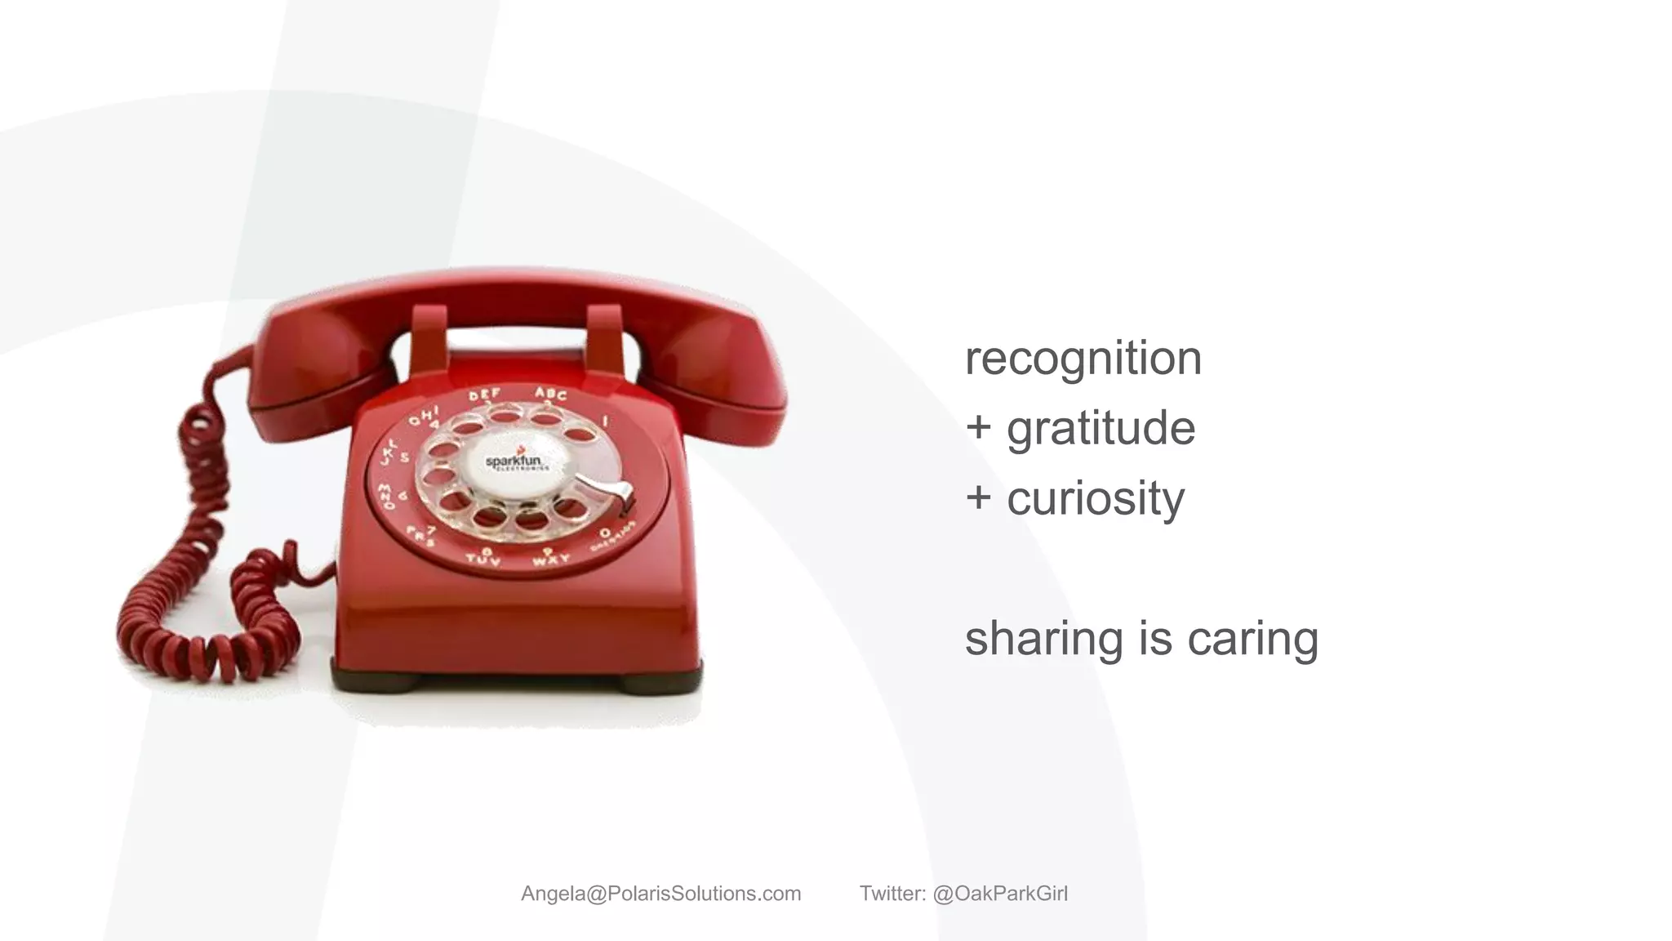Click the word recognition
pos(1083,359)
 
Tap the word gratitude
pos(1101,428)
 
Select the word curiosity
pos(1095,498)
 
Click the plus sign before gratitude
pos(978,426)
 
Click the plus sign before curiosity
pos(978,497)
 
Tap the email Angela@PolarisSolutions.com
pos(660,894)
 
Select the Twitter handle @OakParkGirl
pos(999,894)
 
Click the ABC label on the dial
pos(551,395)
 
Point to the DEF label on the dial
pos(485,395)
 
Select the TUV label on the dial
pos(483,559)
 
